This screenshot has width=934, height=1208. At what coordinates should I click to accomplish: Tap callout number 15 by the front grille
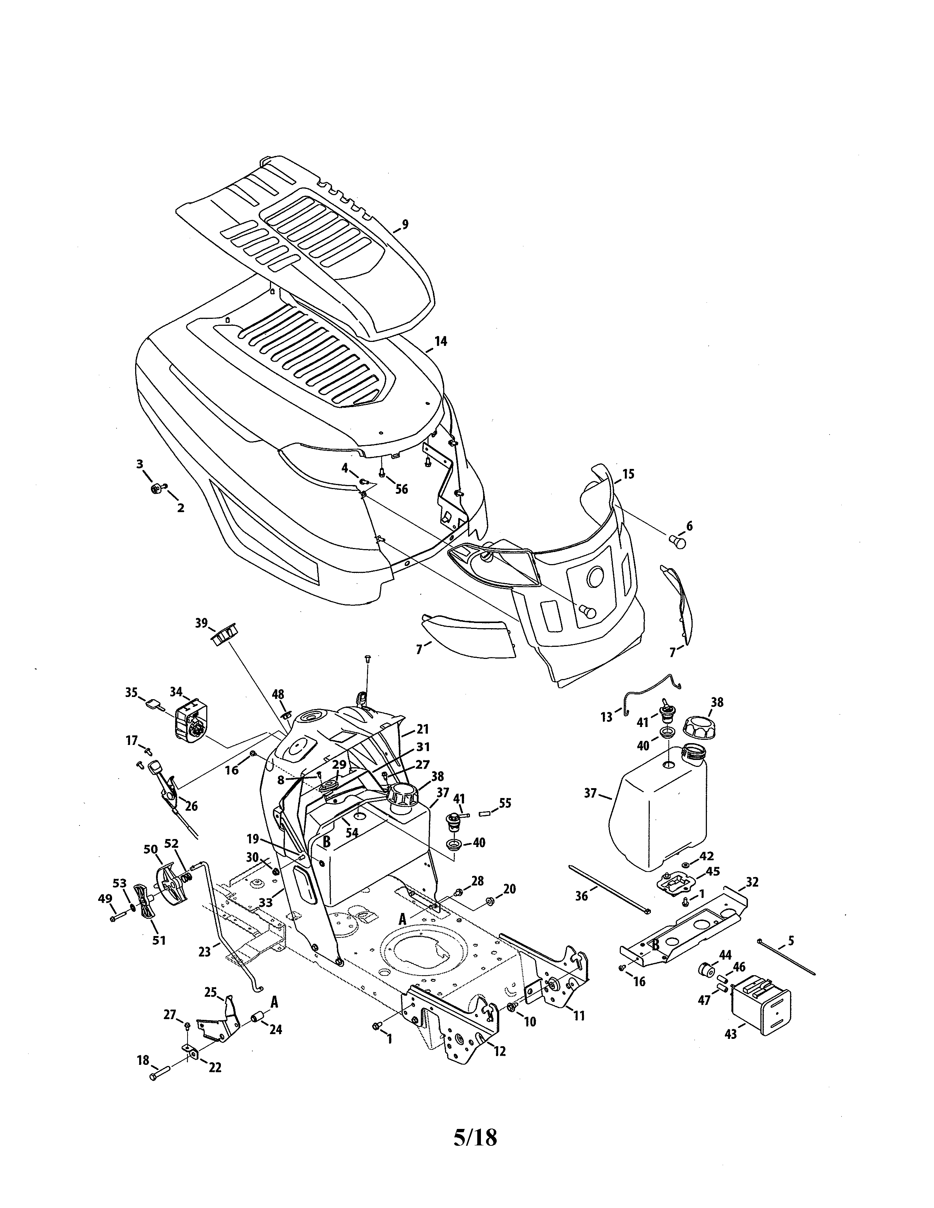tap(628, 474)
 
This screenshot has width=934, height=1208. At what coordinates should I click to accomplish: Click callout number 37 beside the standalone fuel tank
tap(590, 793)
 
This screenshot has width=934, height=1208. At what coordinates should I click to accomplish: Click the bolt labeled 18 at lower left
tap(157, 1076)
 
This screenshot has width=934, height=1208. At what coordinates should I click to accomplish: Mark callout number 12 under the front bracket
tap(500, 1051)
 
